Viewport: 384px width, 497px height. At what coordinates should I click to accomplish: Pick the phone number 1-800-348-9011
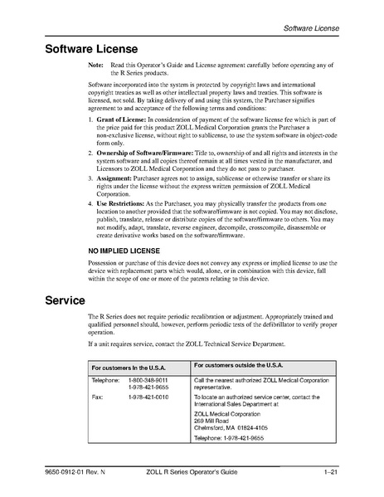[148, 379]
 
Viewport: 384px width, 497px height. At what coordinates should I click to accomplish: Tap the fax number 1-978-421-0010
[148, 397]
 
